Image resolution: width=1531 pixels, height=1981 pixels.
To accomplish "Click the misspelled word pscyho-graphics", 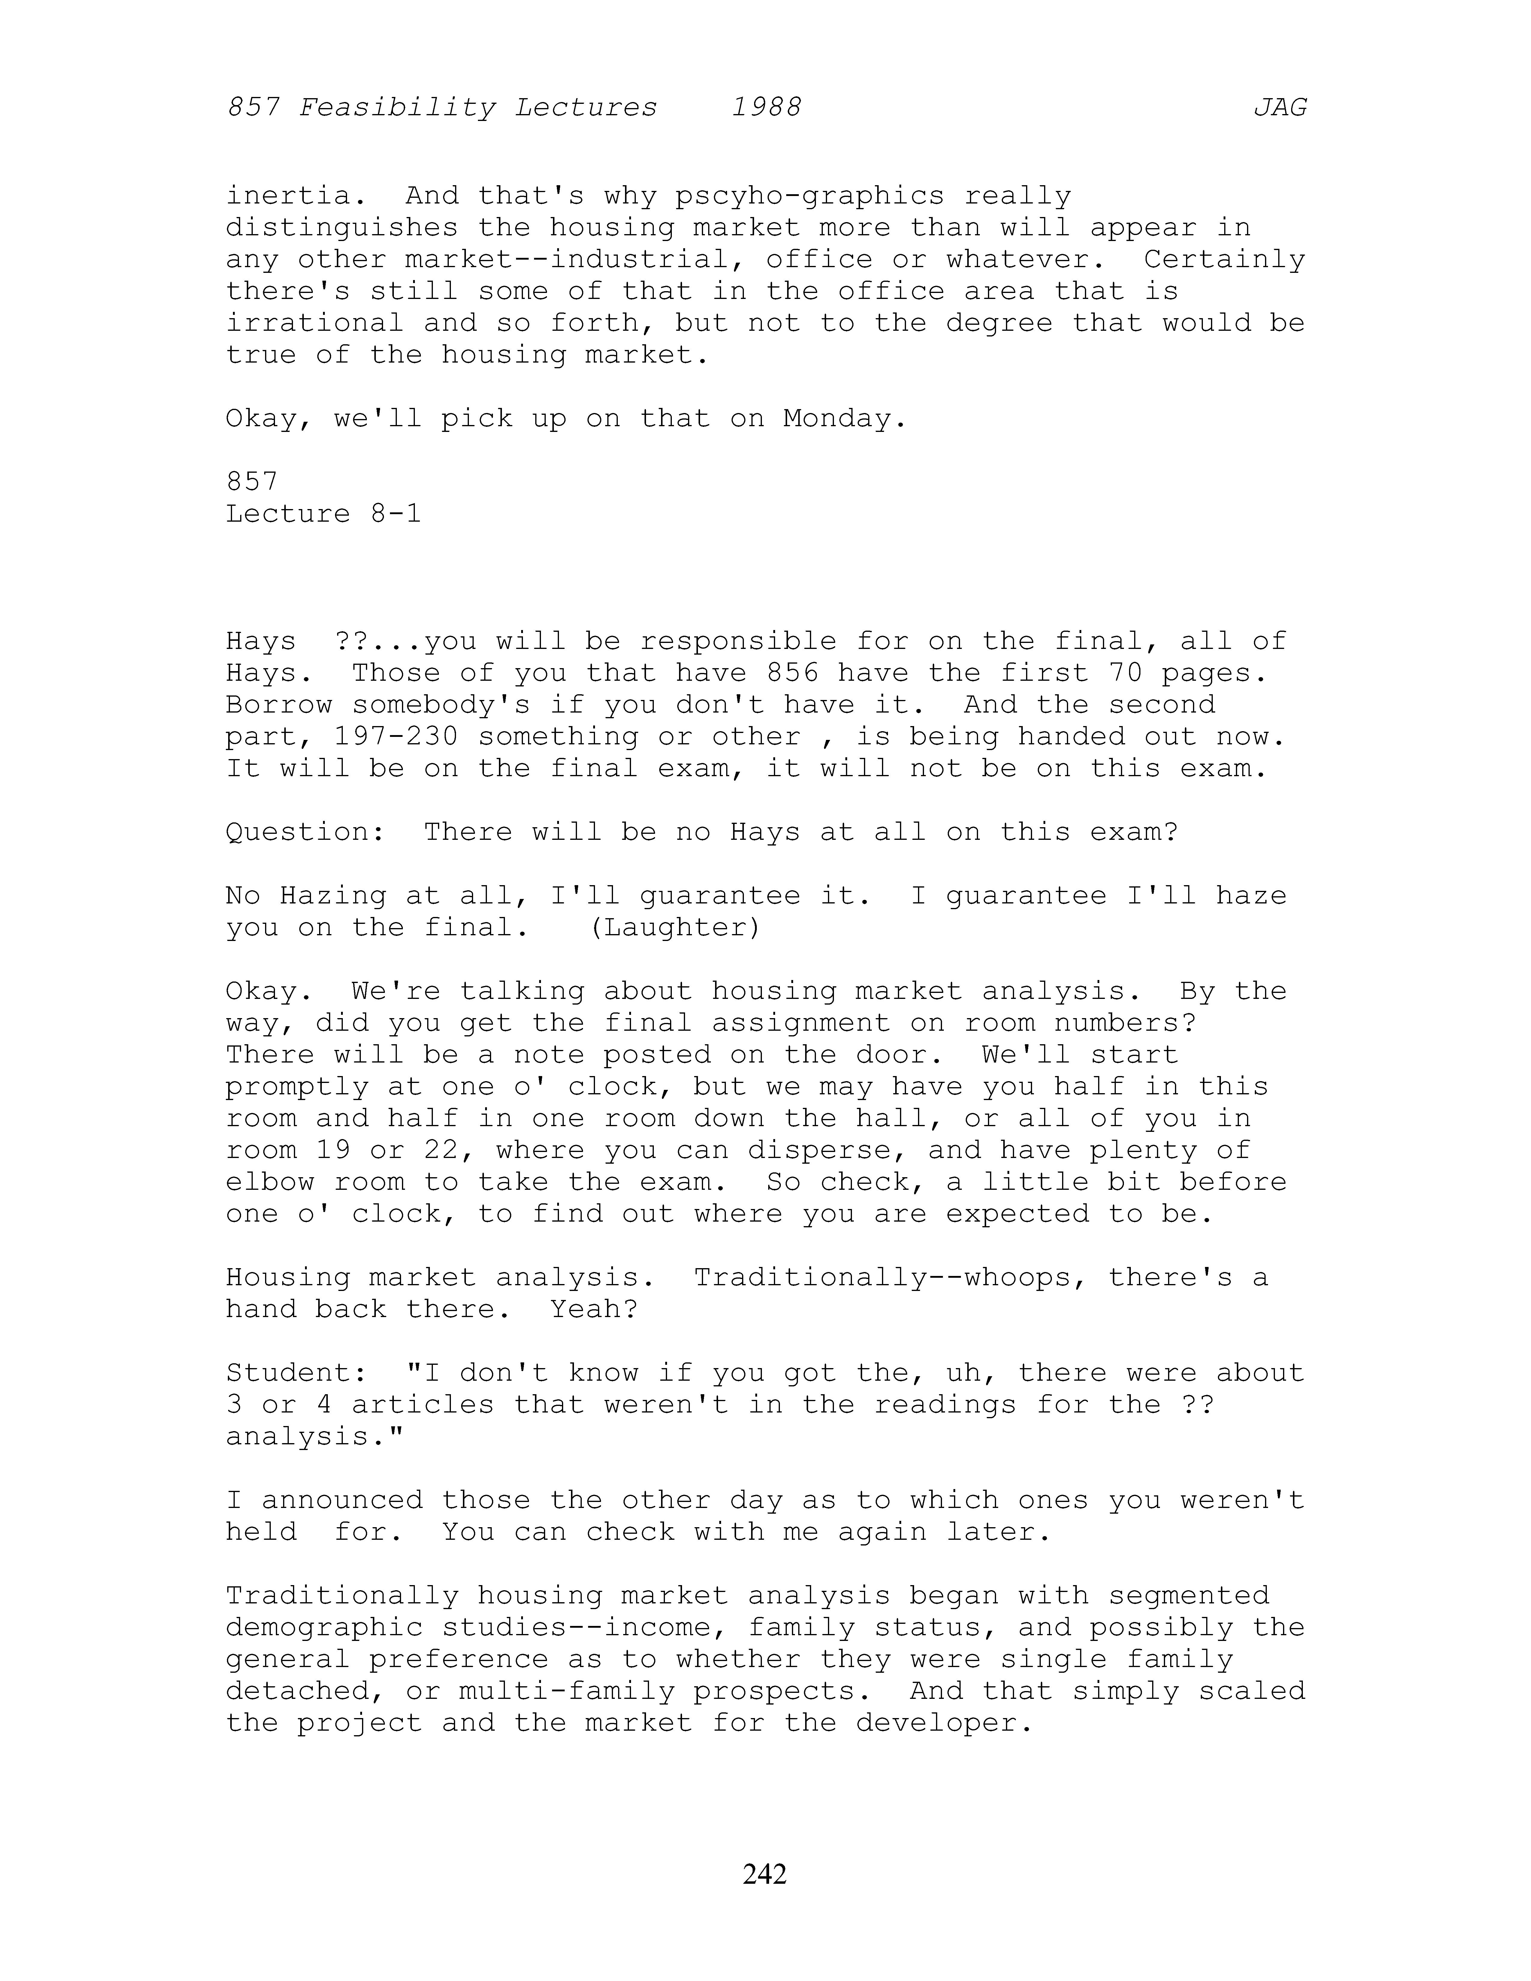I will [x=810, y=196].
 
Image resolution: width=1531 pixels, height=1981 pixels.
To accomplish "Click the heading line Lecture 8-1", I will [x=323, y=513].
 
